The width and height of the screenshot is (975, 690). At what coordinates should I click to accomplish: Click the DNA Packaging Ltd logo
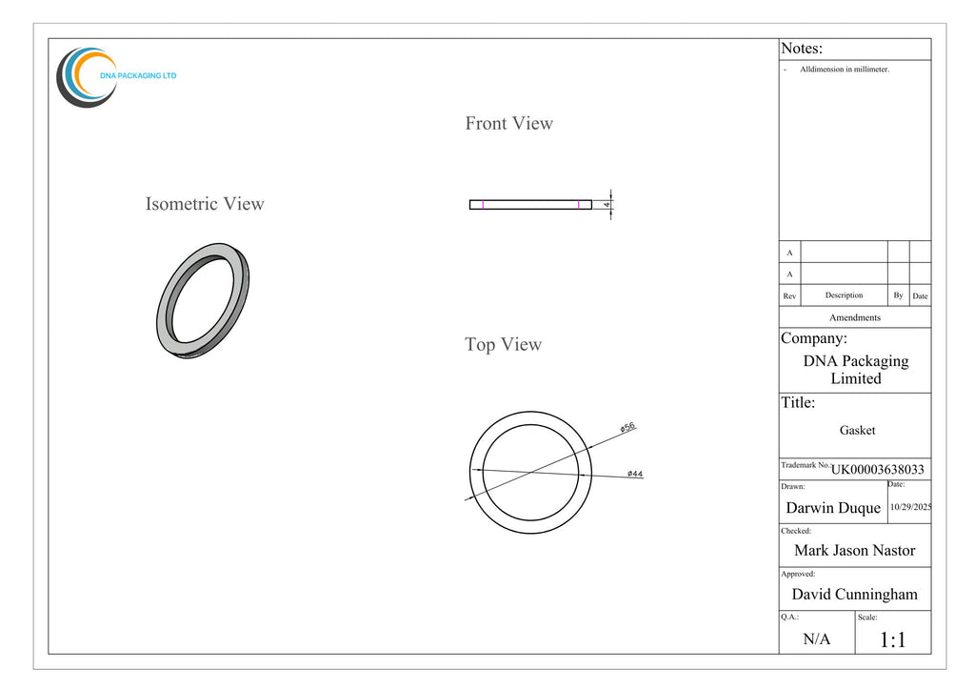[x=115, y=77]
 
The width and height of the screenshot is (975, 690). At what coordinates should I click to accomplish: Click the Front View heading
[x=508, y=123]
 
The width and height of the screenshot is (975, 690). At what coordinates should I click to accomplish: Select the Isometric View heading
[x=205, y=203]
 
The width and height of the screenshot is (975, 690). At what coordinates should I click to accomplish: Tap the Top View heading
[x=503, y=344]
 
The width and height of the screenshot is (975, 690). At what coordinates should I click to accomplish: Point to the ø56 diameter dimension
[x=628, y=427]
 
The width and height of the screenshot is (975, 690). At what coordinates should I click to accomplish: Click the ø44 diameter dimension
[x=635, y=474]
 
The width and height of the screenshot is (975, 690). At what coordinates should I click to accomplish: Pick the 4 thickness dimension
[x=607, y=205]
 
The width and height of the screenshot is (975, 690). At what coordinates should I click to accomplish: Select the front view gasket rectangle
[x=530, y=205]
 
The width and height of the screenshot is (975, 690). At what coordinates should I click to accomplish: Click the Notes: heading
[x=802, y=49]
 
